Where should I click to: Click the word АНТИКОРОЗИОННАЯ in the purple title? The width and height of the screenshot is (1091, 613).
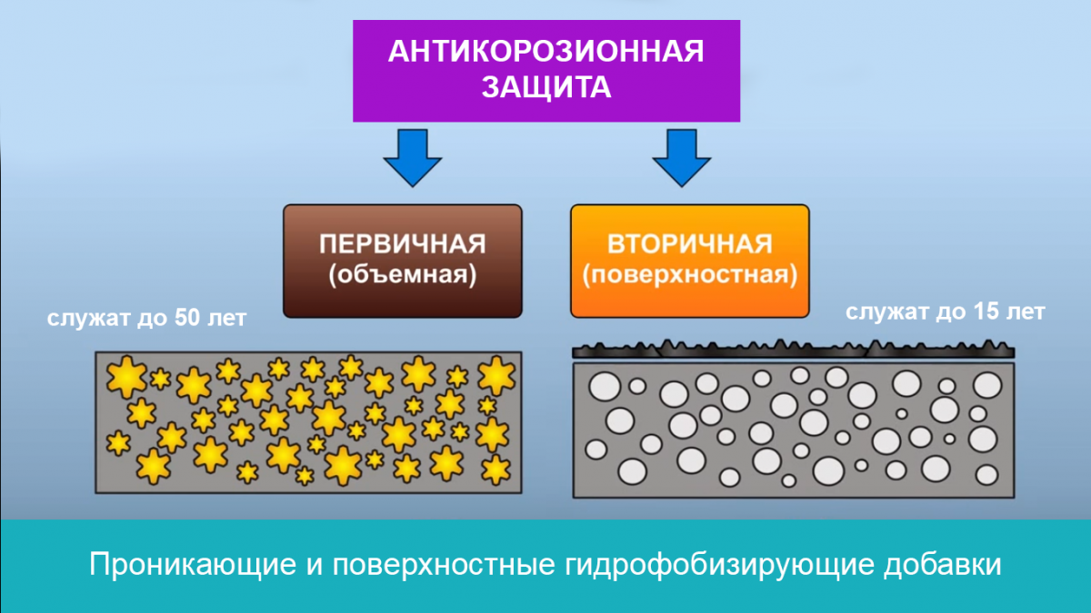coord(545,51)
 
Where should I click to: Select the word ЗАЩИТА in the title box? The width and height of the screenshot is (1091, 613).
coord(545,87)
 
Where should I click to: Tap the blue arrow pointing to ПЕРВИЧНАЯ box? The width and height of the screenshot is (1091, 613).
coord(412,156)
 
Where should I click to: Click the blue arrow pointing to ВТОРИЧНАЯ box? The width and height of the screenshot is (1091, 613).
coord(682,156)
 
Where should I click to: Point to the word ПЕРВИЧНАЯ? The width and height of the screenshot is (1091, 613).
coord(402,244)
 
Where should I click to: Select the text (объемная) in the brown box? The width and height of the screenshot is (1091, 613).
coord(402,274)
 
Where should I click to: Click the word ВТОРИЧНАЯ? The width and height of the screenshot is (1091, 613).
coord(689,244)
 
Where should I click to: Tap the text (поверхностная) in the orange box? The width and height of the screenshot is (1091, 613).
coord(689,274)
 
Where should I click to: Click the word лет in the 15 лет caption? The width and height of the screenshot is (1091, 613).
coord(1026,313)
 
